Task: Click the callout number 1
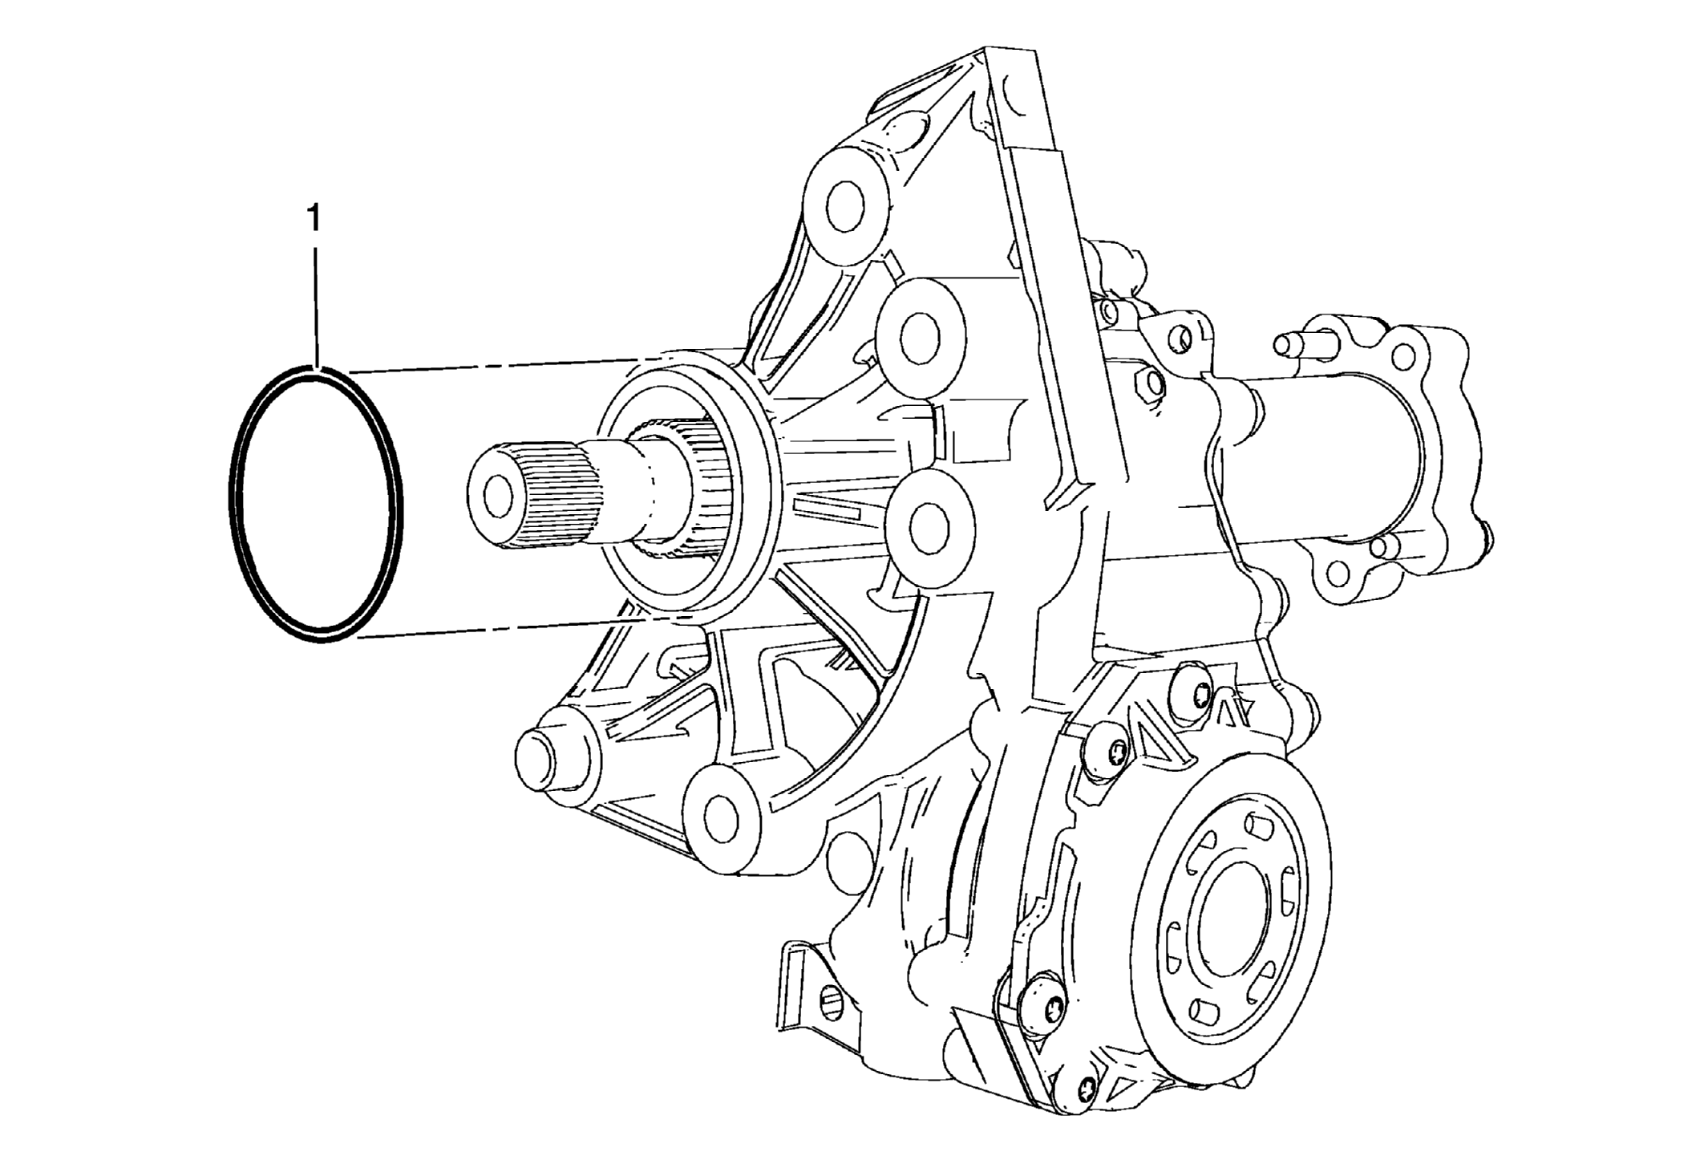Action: click(x=314, y=218)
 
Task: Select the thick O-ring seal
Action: click(x=315, y=504)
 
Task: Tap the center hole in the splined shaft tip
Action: click(x=496, y=496)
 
